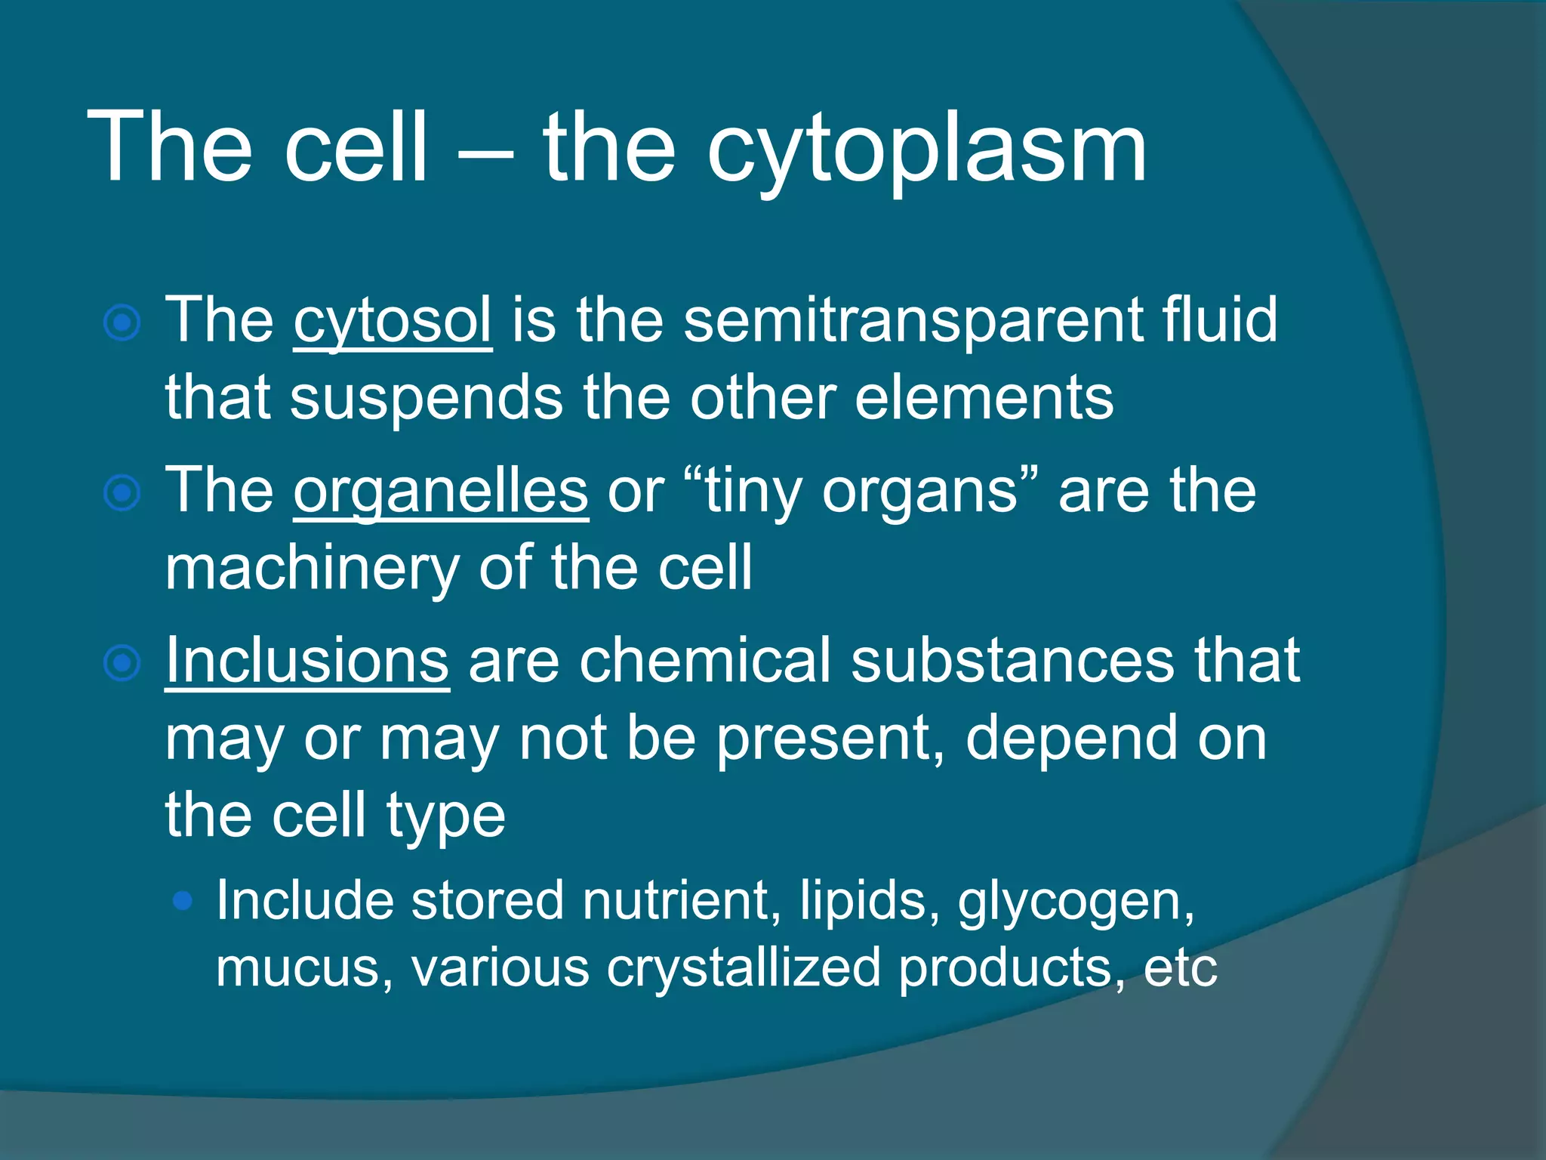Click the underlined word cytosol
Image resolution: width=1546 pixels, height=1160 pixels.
coord(393,321)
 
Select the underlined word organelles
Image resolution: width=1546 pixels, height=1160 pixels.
coord(440,492)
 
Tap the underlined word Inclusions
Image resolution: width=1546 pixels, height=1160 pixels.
coord(307,661)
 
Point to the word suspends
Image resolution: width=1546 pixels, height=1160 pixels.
coord(427,399)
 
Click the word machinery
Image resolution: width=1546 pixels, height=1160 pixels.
coord(312,568)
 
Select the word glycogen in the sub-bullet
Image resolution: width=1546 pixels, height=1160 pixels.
coord(1075,902)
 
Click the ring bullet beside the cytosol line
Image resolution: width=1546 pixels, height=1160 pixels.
coord(122,324)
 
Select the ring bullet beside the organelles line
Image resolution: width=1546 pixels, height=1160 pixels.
coord(122,494)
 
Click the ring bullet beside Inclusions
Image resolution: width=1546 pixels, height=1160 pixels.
coord(122,664)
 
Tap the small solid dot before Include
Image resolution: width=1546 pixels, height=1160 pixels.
coord(183,900)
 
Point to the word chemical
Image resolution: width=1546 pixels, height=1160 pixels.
coord(705,661)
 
